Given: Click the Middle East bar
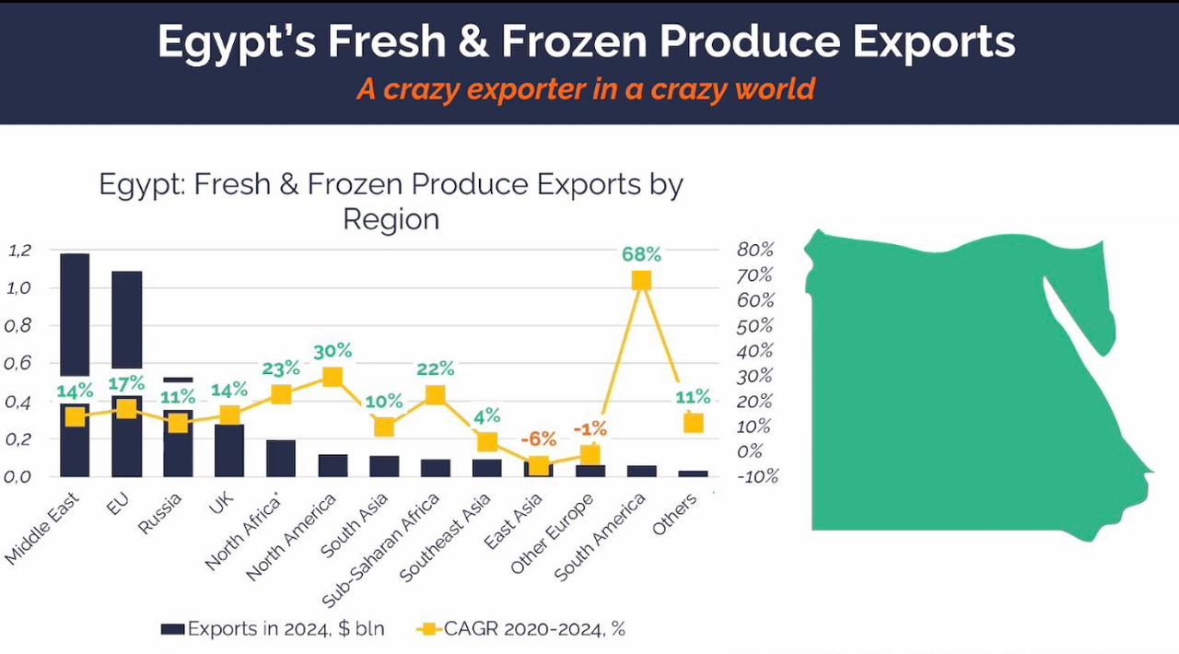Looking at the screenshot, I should [x=75, y=313].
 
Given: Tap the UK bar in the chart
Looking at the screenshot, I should [x=229, y=450].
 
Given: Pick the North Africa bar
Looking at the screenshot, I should [x=281, y=459].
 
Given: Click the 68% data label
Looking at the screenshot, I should [x=641, y=254].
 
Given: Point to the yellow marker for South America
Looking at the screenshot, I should [x=641, y=280].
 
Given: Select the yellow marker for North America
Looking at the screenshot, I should [x=333, y=377].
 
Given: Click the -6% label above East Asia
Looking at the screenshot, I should [x=538, y=439].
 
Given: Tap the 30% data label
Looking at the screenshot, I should [x=333, y=351].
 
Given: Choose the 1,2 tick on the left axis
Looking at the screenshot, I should [x=20, y=251].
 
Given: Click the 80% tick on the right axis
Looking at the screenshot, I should [x=755, y=251].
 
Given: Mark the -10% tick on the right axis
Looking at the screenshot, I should [x=757, y=476].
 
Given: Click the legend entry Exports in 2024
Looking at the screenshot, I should [x=273, y=629].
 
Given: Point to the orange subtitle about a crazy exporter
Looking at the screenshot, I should [x=586, y=89].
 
